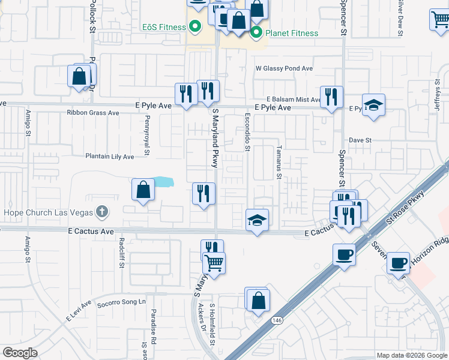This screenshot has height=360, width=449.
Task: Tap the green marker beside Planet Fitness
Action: (257, 32)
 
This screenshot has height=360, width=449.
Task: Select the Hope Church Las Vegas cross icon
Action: (103, 212)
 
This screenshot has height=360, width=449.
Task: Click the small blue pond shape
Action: (162, 181)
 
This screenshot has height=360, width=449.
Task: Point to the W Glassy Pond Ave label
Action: (285, 68)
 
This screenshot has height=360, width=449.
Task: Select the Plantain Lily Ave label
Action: (109, 157)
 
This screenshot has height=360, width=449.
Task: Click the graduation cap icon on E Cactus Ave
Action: (257, 220)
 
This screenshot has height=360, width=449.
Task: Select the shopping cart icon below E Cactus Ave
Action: (214, 262)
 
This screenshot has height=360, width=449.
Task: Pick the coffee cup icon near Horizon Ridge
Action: (398, 262)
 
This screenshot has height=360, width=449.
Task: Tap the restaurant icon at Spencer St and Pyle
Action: (331, 96)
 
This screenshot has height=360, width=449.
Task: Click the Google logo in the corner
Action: (20, 353)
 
